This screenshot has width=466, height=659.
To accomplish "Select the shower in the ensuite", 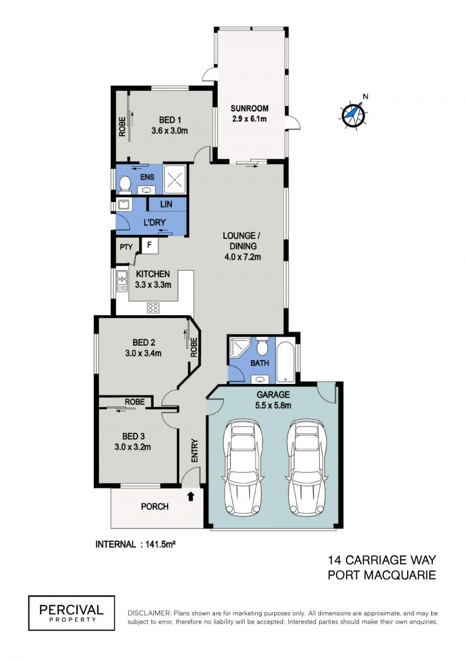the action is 174,179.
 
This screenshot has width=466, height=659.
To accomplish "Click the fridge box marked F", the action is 150,246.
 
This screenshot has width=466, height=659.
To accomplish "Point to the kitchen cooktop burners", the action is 153,308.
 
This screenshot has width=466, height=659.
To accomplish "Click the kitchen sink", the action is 122,281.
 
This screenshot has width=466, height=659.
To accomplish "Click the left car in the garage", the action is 243,467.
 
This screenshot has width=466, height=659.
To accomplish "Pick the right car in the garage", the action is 307,467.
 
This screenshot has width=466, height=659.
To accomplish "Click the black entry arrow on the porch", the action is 191,496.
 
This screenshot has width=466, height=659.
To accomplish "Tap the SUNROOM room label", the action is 249,108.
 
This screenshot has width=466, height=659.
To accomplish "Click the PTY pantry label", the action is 126,247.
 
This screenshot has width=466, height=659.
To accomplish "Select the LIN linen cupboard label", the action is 166,205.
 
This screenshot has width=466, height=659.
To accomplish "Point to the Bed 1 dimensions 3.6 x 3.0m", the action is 170,131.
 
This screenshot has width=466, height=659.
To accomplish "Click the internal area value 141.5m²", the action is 160,544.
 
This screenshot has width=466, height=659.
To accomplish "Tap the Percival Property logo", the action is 72,613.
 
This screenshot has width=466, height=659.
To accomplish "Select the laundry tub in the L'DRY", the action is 123,205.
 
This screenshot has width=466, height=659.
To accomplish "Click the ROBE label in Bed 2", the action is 194,347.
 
